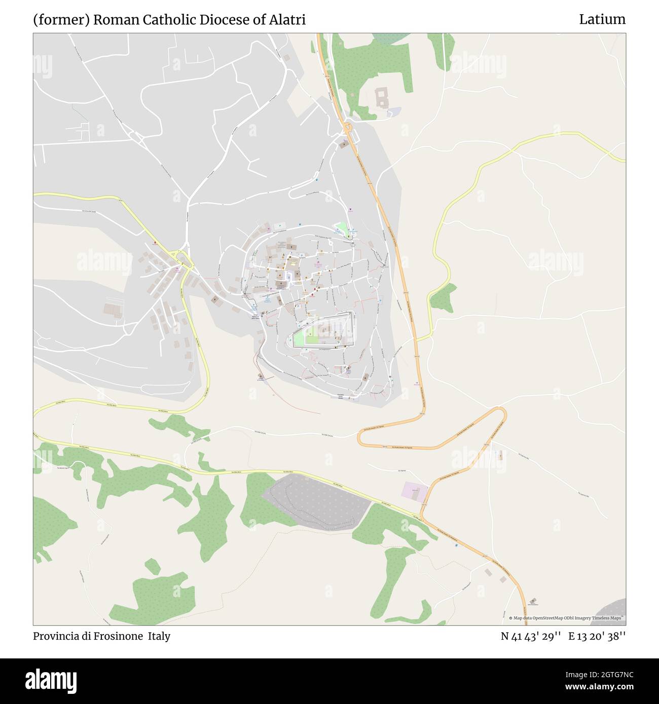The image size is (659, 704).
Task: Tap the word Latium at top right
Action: coord(602,20)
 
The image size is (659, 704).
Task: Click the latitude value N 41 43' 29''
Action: coord(530,636)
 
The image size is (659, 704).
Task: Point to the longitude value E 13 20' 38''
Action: coord(597,636)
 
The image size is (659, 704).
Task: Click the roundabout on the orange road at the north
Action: coord(348,127)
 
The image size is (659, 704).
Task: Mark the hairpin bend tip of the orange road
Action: coord(504,413)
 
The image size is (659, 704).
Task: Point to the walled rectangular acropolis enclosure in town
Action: coord(323,331)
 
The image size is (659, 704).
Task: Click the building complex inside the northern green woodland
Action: coord(382,97)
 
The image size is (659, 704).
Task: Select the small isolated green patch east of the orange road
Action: coord(442,298)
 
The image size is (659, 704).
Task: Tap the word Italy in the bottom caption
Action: coord(159,636)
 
